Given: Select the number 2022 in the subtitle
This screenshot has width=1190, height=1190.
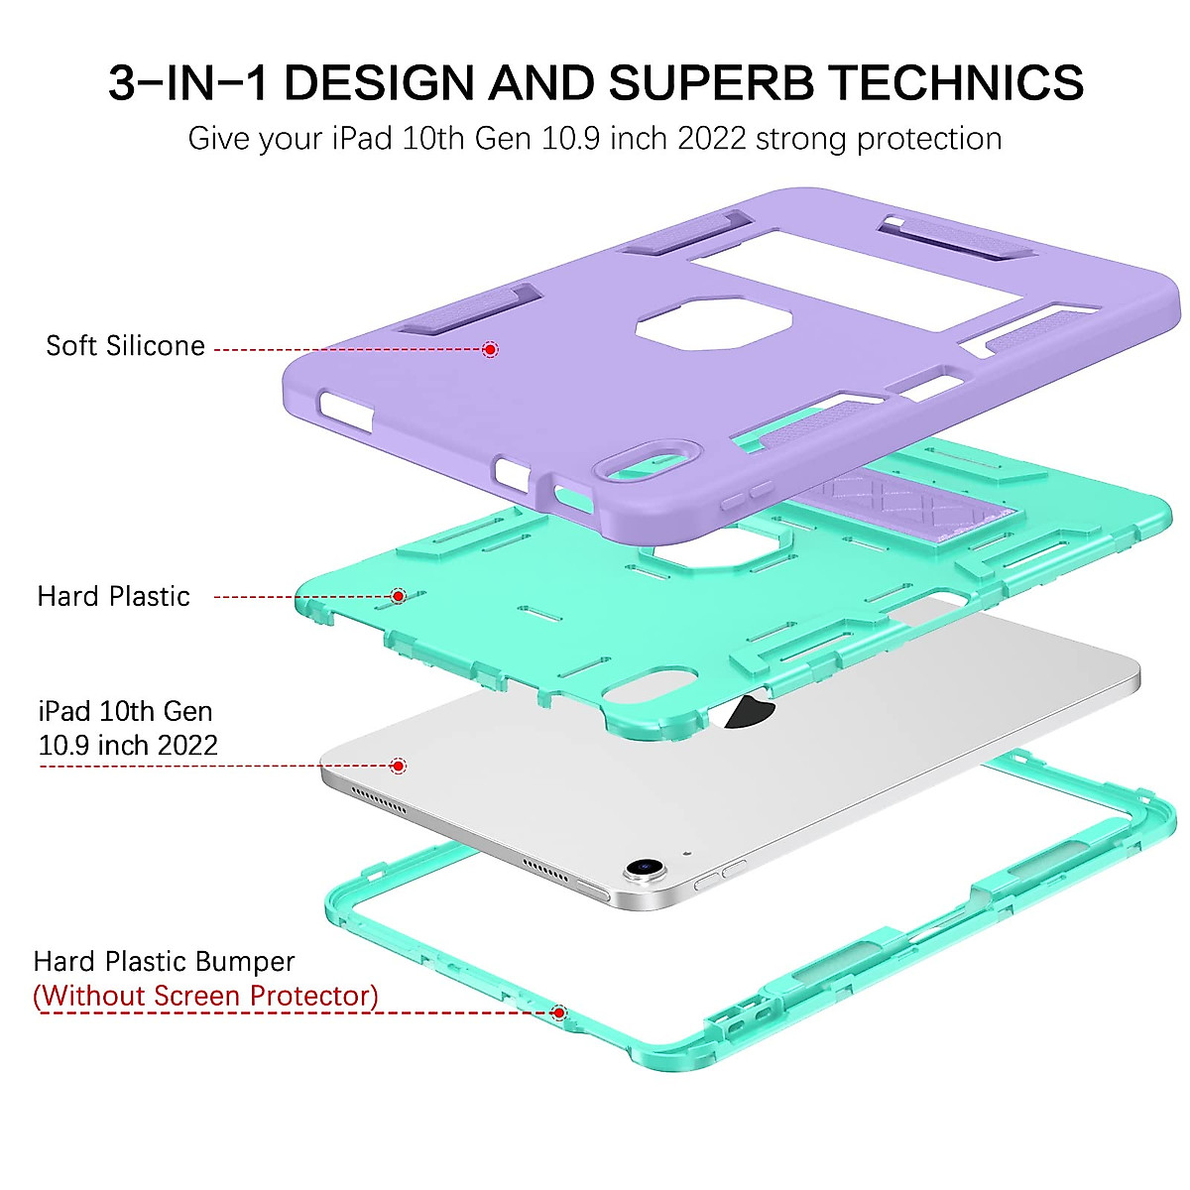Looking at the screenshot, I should [711, 139].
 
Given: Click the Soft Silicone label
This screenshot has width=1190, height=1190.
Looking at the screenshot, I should [126, 346].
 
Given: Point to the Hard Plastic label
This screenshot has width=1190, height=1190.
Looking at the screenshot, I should [113, 597].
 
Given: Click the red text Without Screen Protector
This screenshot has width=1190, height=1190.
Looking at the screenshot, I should [205, 996].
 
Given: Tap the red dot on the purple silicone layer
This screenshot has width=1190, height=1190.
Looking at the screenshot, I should [490, 349].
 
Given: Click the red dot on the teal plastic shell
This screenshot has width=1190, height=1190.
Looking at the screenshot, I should [399, 596].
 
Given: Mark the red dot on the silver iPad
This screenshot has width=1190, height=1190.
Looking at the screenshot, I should [398, 766].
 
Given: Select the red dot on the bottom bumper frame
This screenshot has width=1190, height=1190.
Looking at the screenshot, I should [559, 1012].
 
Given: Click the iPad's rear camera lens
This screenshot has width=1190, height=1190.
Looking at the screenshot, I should [644, 868].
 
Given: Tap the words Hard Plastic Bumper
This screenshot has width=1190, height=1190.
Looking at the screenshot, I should [165, 962].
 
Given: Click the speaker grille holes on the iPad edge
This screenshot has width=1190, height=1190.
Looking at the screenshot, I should [380, 798].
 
